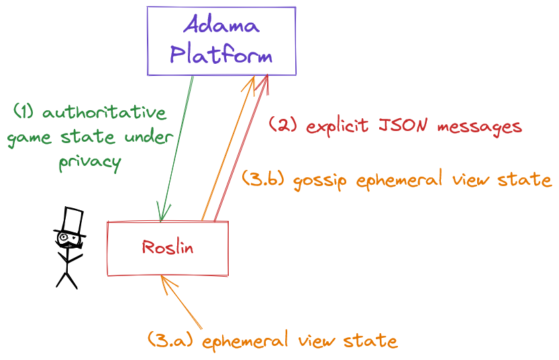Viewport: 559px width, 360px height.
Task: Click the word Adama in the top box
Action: coord(221,24)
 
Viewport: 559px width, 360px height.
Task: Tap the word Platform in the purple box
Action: coord(221,54)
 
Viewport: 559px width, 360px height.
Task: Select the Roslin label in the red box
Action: coord(168,247)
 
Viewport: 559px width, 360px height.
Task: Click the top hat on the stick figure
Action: coord(70,222)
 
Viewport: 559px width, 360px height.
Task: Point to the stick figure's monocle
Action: coord(64,236)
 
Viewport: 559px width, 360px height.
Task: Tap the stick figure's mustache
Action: coord(69,244)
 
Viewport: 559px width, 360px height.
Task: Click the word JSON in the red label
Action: coord(403,125)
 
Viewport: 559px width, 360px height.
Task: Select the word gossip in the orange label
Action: coord(319,181)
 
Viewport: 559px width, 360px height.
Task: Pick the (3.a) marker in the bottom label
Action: coord(170,339)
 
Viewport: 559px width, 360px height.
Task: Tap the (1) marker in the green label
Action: coord(24,111)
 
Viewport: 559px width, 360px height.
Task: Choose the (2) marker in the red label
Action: coord(283,124)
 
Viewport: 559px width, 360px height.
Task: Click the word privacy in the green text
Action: coord(90,163)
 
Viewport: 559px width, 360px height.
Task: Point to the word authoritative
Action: coord(105,112)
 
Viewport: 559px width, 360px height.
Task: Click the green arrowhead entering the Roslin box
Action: coord(162,213)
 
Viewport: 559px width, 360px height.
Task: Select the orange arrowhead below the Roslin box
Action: coord(168,284)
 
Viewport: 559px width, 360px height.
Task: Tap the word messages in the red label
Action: coord(480,127)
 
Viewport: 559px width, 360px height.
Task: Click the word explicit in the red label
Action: coord(338,126)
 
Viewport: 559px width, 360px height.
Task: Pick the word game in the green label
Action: coord(30,138)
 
